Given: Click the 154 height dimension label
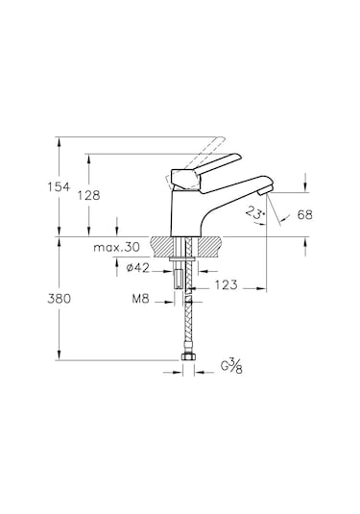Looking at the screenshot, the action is coord(59,187).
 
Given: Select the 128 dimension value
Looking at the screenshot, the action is coord(88,195).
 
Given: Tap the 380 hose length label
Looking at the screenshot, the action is coord(59,299).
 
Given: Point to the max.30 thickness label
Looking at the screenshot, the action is coord(116,247).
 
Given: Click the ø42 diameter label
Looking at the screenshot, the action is coord(138,268).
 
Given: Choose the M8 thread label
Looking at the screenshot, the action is coord(141,298).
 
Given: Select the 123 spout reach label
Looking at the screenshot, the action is coord(226,285).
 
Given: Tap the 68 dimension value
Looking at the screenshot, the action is coord(305,214).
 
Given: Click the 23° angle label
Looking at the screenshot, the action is coord(255,212).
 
